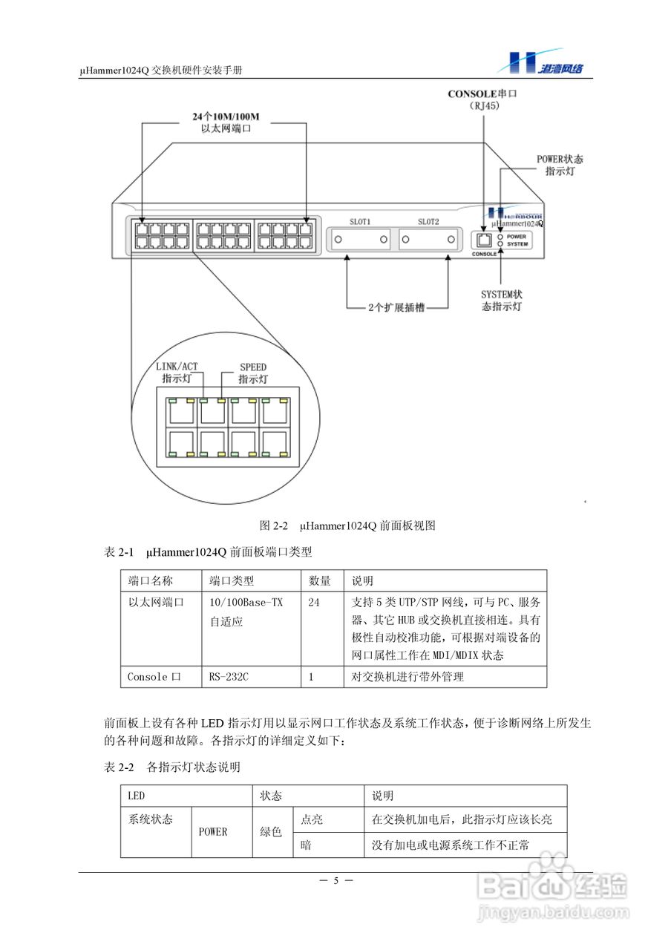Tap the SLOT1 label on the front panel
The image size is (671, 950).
coord(360,221)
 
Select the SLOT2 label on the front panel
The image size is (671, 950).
coord(428,221)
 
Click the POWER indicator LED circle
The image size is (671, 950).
coord(501,236)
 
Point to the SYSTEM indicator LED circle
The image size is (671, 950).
coord(501,243)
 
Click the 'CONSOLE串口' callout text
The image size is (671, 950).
coord(482,94)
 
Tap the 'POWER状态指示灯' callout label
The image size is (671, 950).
coord(560,165)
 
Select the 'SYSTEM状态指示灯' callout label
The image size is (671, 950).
coord(502,300)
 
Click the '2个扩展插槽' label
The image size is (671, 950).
coord(397,307)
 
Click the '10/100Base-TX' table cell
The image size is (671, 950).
coord(246,603)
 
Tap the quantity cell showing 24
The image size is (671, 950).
coord(314,603)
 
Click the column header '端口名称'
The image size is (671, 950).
coord(151,580)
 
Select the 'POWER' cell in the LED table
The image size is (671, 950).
coord(213,831)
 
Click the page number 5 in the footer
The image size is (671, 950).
coord(335,881)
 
